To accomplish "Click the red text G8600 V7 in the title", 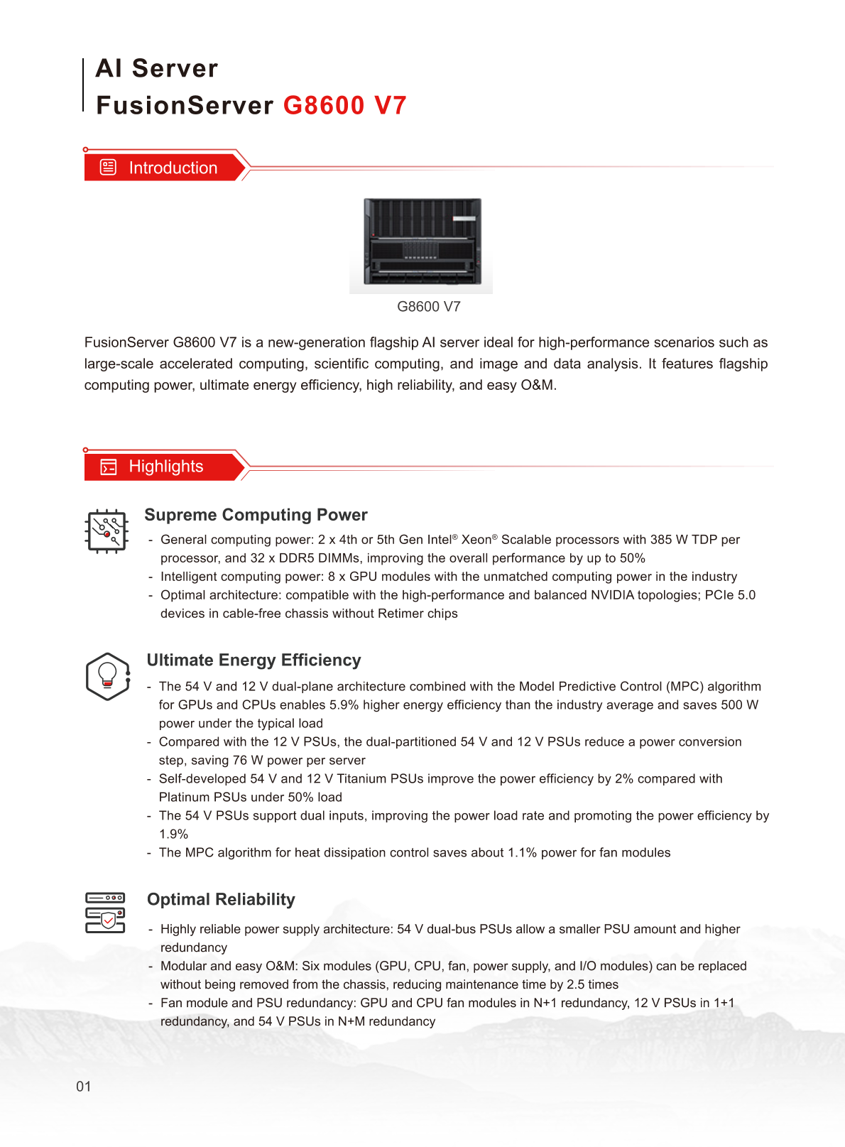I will pos(344,105).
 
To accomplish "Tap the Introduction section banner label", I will pos(173,168).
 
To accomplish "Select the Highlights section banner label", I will pos(165,467).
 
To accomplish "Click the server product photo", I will pos(422,243).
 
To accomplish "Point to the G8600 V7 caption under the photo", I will pos(428,307).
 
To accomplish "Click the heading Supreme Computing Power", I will pos(256,515).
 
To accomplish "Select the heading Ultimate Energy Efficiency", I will pos(253,661).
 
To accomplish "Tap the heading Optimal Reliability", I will pos(221,900).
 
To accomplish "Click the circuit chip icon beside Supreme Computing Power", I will pos(107,531).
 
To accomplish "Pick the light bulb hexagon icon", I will pos(107,676).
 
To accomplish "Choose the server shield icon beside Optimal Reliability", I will pos(105,913).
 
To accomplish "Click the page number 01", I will pos(84,1087).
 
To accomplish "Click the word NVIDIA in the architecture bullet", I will pos(612,595).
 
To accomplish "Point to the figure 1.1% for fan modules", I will pos(522,852).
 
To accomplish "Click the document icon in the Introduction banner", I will pos(108,168).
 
